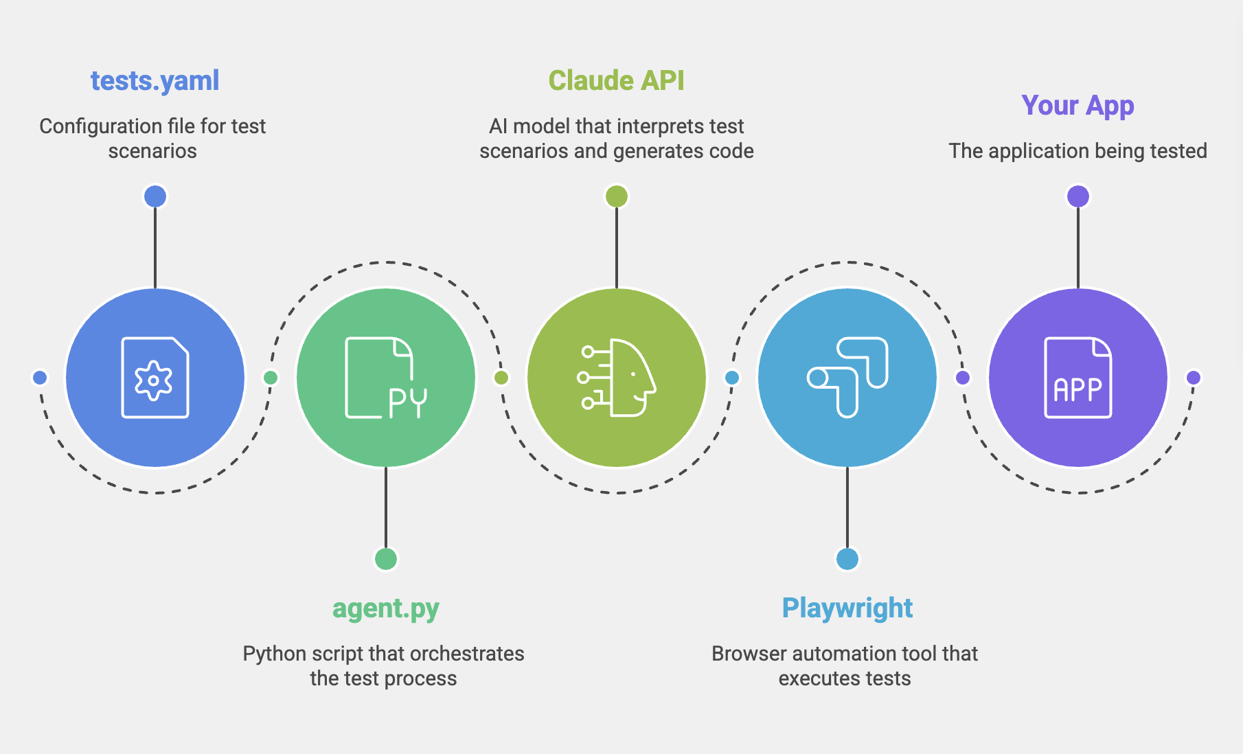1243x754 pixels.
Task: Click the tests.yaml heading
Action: coord(155,81)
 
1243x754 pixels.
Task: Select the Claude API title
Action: coord(616,81)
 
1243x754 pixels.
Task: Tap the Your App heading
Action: coord(1077,106)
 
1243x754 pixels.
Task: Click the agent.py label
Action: coord(385,608)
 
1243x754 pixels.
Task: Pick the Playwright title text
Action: coord(847,608)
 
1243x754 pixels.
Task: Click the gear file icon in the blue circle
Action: coord(155,378)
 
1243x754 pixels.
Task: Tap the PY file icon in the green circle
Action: coord(385,378)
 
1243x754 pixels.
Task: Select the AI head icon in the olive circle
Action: coord(616,378)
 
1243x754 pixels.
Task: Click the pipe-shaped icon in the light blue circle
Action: coord(847,378)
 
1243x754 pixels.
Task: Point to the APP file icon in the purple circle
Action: coord(1077,378)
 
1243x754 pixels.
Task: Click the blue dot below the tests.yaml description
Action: coord(155,196)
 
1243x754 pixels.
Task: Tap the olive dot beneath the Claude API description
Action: coord(617,196)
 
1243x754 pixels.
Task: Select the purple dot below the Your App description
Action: coord(1078,196)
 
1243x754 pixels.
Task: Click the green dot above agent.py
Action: coord(386,559)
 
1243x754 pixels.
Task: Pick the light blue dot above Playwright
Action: coord(847,559)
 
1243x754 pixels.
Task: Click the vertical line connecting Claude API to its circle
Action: coord(617,247)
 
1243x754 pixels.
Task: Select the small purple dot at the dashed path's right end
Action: coord(1194,378)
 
